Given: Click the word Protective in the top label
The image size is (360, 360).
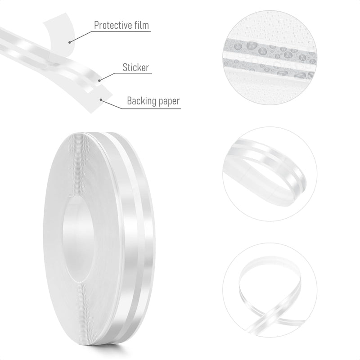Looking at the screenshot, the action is [112, 25].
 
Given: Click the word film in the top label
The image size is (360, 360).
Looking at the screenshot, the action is [140, 25].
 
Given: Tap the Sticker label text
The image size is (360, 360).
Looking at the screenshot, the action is [136, 67].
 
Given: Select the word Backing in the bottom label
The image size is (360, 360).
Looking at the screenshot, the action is [139, 101].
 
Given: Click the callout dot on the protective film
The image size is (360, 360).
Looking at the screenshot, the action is [69, 42].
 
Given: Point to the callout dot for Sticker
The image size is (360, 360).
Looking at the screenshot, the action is [99, 81].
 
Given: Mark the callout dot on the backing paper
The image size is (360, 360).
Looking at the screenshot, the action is [100, 99].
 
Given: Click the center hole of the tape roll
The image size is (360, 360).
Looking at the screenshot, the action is [77, 239].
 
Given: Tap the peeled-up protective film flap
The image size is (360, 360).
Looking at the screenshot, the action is [61, 37].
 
